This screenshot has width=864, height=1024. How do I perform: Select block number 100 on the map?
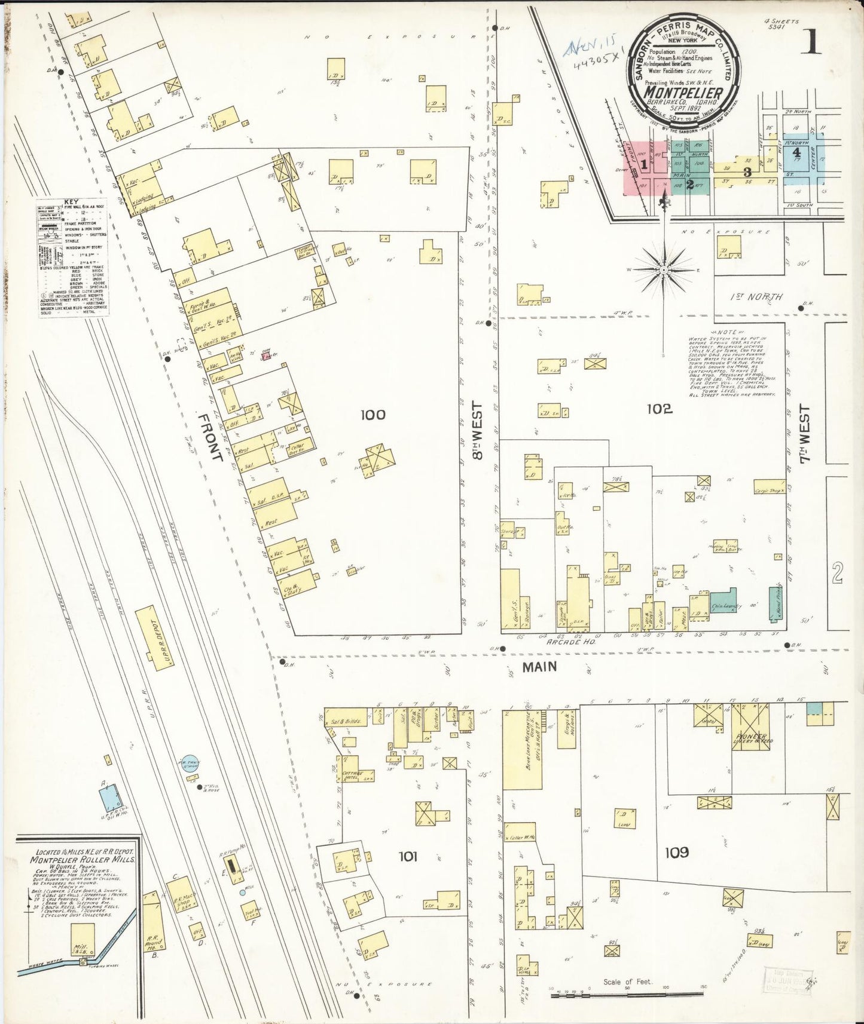tap(373, 414)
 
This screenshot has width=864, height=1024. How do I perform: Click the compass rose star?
tap(664, 270)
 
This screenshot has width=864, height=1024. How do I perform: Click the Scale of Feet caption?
tap(628, 982)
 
